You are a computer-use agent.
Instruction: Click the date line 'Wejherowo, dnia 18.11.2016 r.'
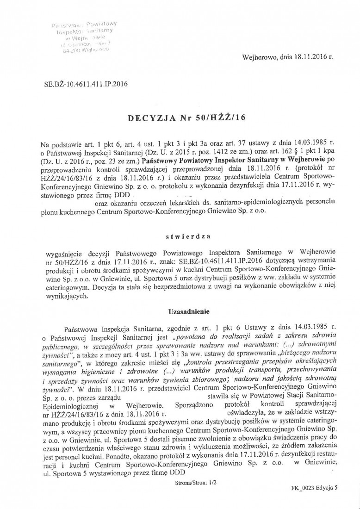point(287,59)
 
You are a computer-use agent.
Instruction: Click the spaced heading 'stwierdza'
point(188,236)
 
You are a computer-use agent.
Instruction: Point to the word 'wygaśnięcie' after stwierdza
point(64,254)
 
